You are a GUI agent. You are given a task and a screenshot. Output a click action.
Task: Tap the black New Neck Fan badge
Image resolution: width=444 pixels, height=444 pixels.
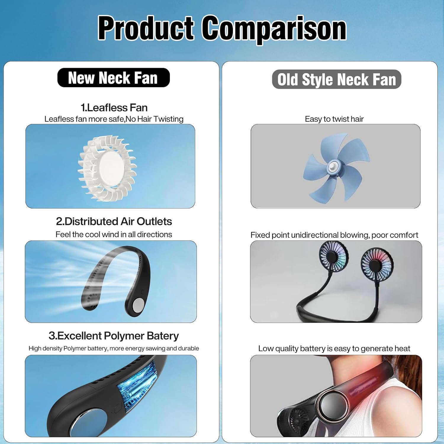pyautogui.click(x=113, y=78)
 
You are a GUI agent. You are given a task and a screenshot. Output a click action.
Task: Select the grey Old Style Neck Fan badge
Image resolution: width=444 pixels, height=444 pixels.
pyautogui.click(x=337, y=79)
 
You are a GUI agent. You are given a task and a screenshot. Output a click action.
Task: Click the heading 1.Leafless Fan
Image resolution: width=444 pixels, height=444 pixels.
pyautogui.click(x=114, y=107)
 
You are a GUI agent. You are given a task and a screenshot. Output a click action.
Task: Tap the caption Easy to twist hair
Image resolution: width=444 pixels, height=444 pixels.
pyautogui.click(x=334, y=119)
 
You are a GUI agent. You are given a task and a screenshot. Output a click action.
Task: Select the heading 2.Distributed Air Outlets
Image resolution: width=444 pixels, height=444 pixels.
pyautogui.click(x=114, y=221)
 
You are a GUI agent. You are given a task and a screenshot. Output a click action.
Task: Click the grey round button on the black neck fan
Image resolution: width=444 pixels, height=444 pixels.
pyautogui.click(x=138, y=305)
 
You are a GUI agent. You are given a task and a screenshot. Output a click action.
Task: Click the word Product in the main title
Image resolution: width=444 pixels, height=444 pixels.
pyautogui.click(x=146, y=29)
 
